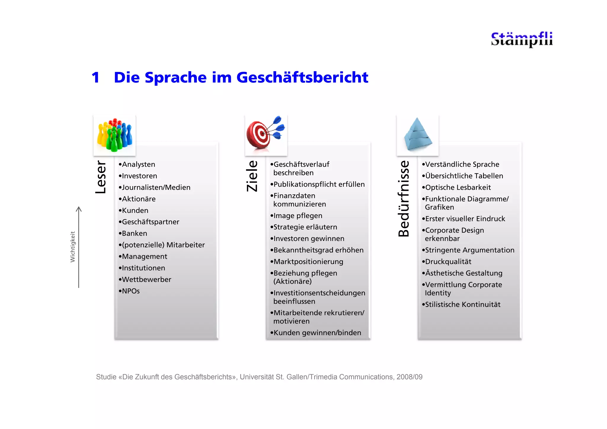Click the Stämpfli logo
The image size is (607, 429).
pyautogui.click(x=522, y=39)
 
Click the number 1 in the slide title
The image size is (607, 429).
pyautogui.click(x=95, y=78)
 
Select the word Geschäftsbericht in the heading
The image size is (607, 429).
pyautogui.click(x=302, y=78)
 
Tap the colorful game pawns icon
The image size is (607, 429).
pyautogui.click(x=115, y=135)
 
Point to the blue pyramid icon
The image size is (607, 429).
pyautogui.click(x=418, y=135)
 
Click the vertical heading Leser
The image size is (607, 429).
pyautogui.click(x=101, y=177)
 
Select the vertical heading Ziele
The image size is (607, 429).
pyautogui.click(x=252, y=176)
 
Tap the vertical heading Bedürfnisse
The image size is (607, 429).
pyautogui.click(x=404, y=199)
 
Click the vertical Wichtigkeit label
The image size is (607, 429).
pyautogui.click(x=73, y=247)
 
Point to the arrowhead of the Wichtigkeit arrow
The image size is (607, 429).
pyautogui.click(x=79, y=209)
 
